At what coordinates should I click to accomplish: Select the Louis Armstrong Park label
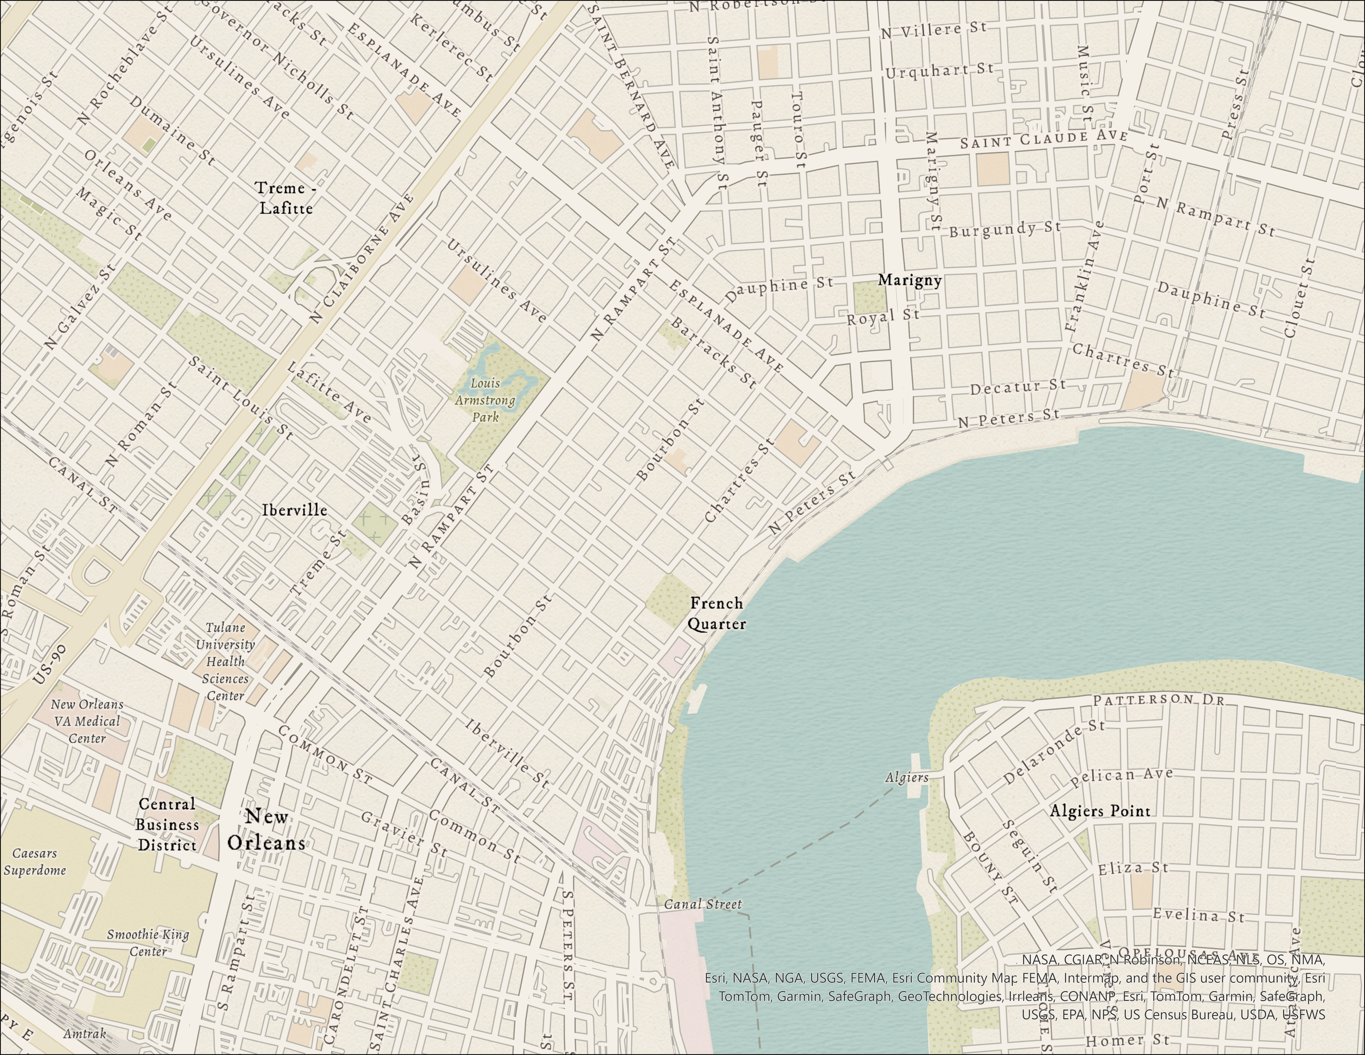[x=485, y=400]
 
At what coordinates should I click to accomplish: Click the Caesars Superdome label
[x=35, y=861]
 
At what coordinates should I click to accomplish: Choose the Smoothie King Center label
[x=148, y=943]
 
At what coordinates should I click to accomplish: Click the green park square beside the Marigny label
[x=869, y=297]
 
